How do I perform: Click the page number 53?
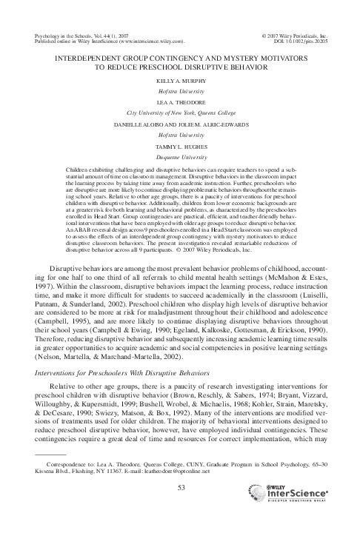(180, 486)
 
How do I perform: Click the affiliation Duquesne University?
(180, 158)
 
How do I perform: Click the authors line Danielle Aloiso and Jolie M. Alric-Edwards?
(180, 124)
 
